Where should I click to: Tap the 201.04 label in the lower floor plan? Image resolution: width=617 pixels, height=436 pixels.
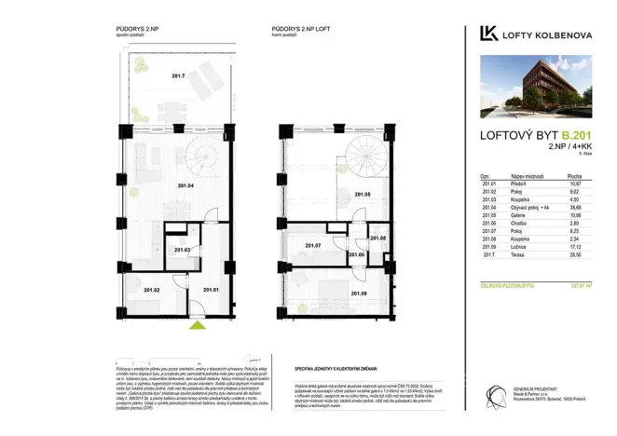(x=185, y=186)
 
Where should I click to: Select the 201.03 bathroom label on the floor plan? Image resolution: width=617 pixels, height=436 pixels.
(x=183, y=250)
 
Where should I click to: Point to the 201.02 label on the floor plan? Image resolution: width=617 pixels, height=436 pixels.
(x=152, y=291)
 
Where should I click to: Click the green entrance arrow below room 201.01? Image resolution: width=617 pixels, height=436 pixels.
(x=196, y=326)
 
